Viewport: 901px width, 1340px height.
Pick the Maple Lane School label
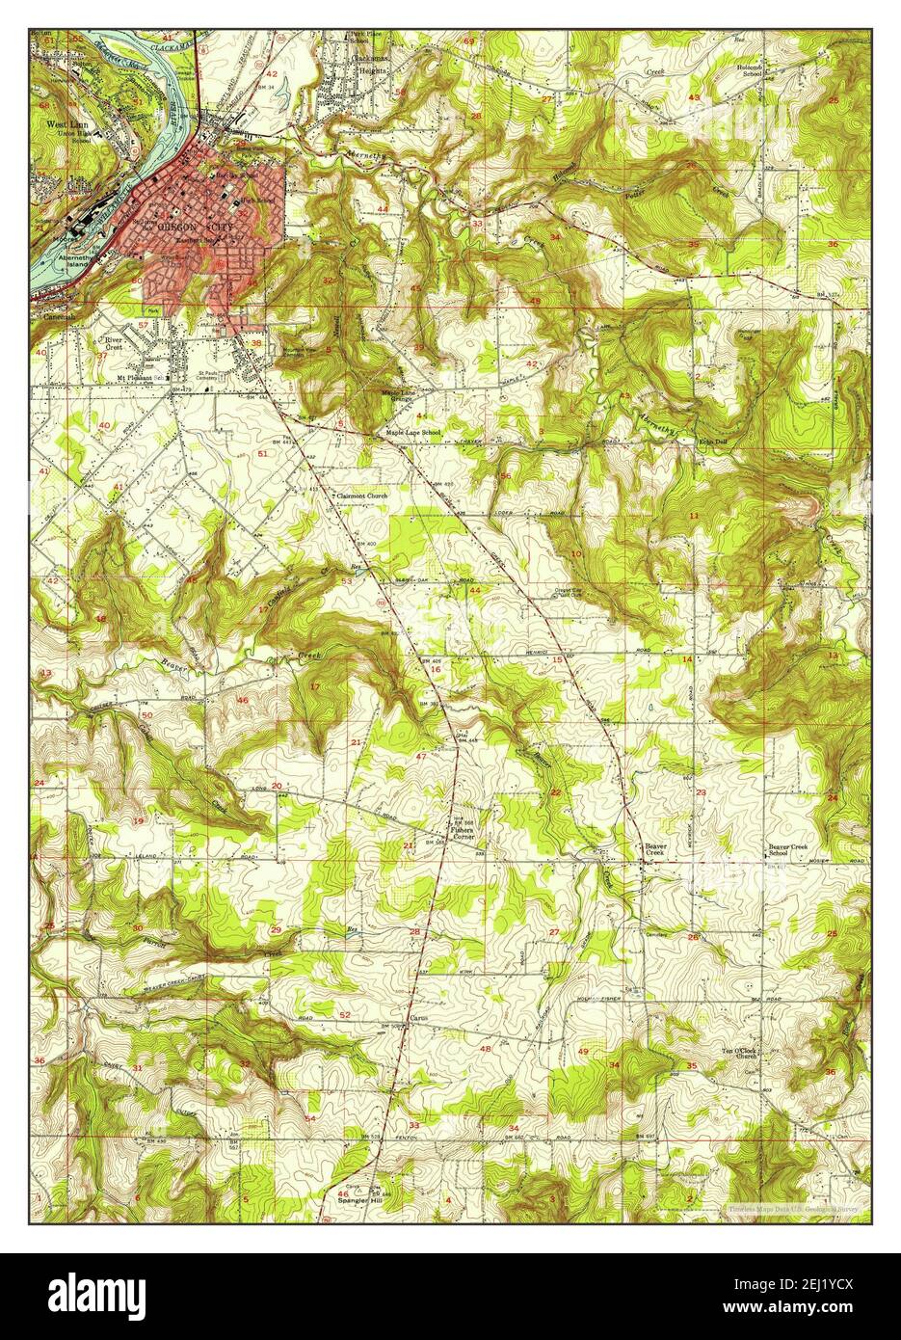[x=413, y=432]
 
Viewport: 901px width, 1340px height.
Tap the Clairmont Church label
[x=359, y=496]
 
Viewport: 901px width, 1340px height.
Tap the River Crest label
[x=115, y=344]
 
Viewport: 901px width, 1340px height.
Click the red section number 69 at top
[x=469, y=41]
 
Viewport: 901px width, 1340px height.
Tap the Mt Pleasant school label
[x=136, y=377]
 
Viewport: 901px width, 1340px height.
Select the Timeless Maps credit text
[x=790, y=1206]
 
